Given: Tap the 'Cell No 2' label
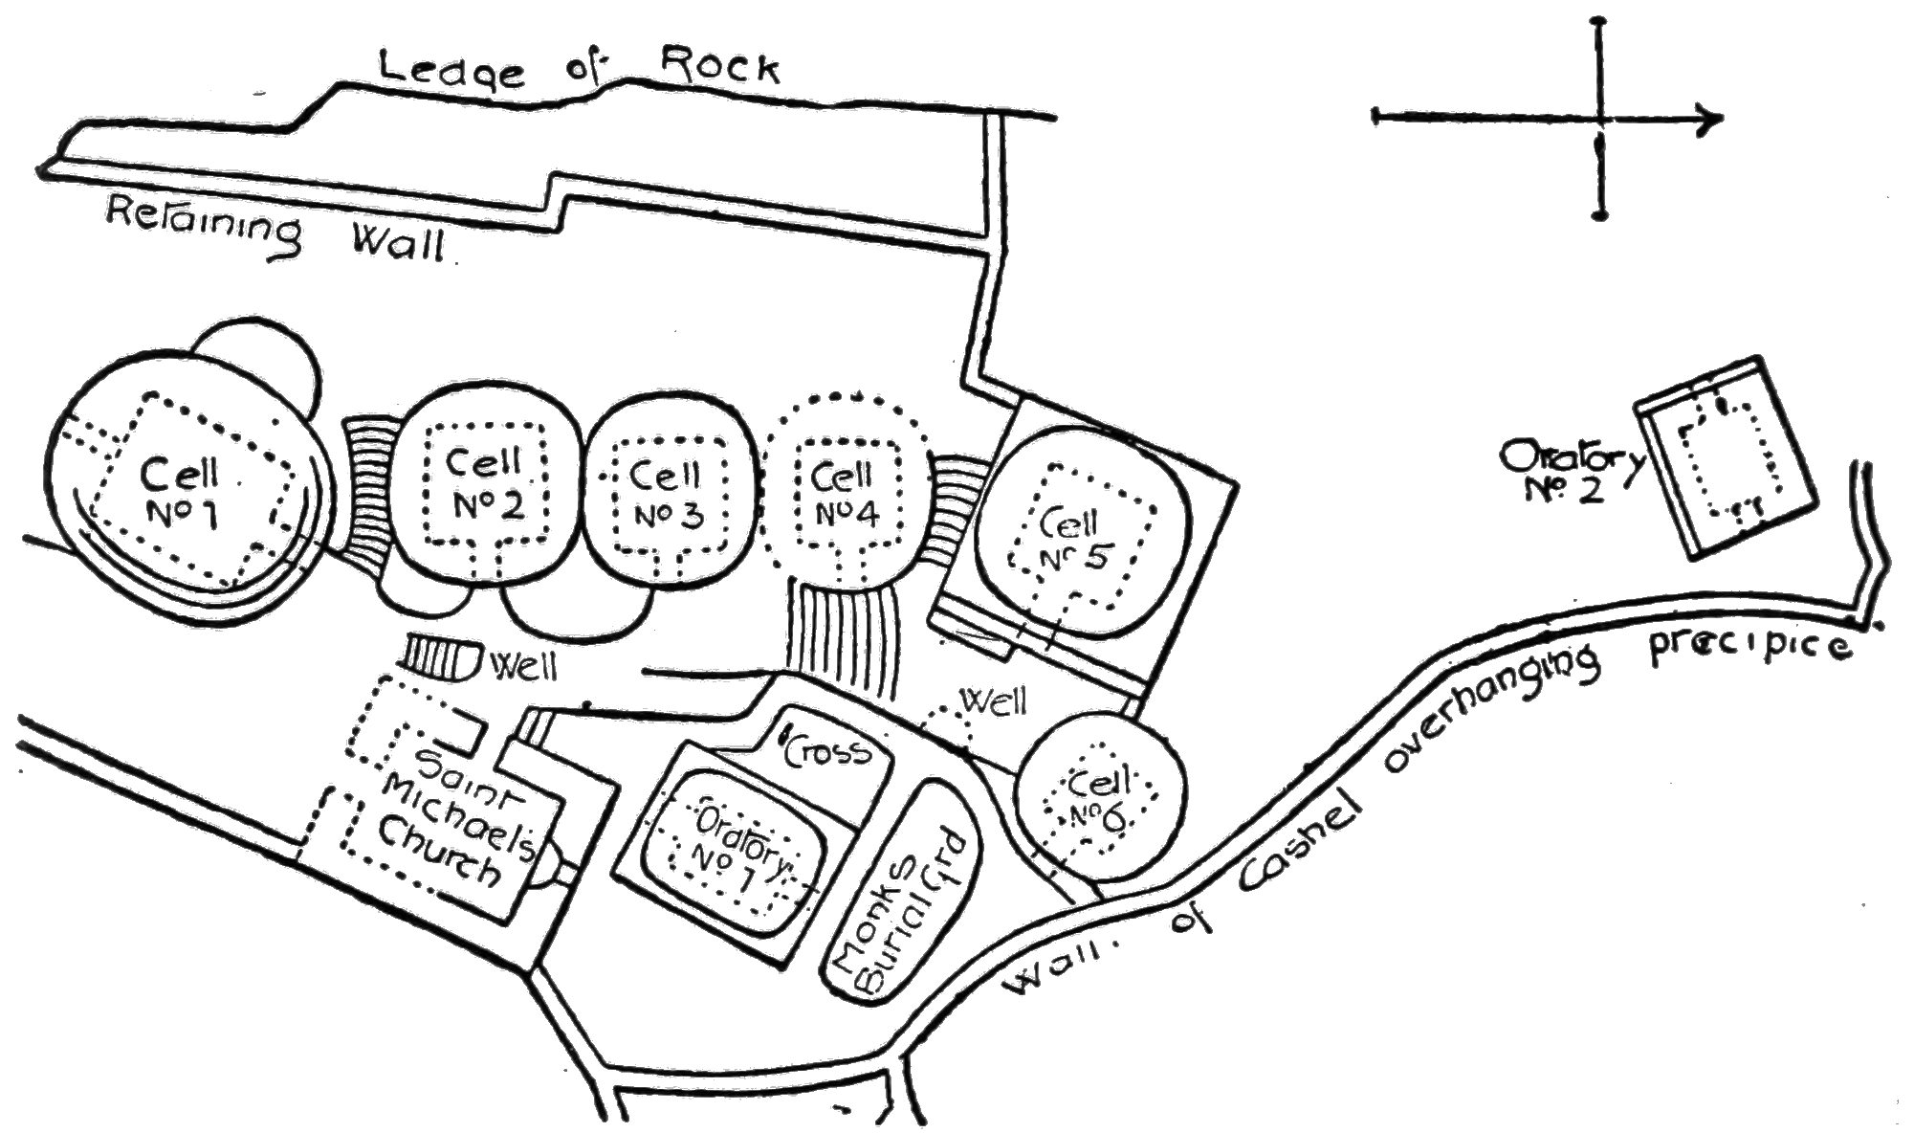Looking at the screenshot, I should (487, 484).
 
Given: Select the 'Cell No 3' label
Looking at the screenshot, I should (667, 496).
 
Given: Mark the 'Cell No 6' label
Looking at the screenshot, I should (1100, 801).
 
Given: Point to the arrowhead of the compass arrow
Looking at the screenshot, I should (1712, 119).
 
